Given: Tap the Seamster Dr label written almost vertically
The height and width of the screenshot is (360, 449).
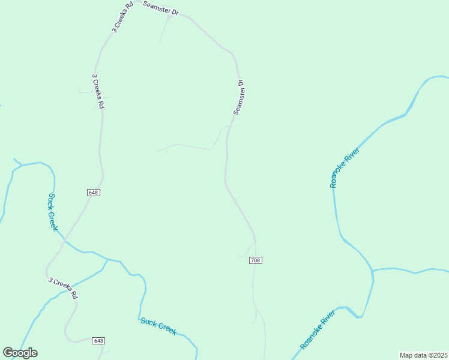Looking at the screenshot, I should point(239,97).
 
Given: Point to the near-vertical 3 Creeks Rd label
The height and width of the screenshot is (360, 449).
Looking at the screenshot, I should point(98,91).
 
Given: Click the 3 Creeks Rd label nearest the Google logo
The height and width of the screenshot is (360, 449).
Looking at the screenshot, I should point(63,288).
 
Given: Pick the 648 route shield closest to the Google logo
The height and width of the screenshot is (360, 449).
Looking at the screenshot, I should point(99,341).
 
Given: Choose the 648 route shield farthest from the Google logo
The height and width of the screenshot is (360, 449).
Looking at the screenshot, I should point(93,193).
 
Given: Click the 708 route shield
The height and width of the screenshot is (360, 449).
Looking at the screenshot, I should point(255,260).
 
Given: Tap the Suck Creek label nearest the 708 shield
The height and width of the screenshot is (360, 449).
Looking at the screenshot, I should point(158,326).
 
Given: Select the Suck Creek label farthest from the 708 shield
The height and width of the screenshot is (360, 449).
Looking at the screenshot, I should point(53,212).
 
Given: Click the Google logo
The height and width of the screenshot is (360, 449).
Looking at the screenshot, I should point(20,353).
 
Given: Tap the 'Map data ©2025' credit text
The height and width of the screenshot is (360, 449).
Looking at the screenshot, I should point(423,355).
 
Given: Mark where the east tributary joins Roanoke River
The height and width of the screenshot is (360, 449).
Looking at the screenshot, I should point(373,271).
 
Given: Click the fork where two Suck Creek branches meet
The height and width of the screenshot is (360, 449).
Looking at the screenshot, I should point(107,260).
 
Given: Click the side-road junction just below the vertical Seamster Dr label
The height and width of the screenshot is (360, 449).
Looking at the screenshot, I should point(227,128).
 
